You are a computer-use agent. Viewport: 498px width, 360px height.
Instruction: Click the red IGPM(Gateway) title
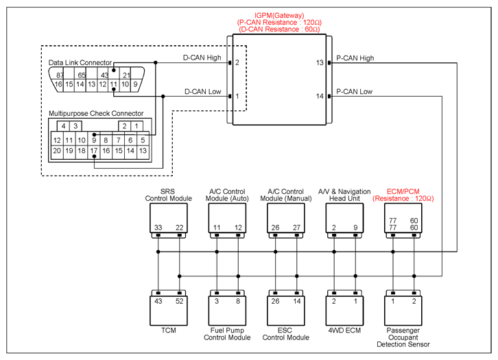pos(279,15)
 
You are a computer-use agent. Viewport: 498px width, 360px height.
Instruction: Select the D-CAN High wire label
pos(202,58)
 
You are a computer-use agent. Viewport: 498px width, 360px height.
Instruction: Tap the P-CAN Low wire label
pos(354,91)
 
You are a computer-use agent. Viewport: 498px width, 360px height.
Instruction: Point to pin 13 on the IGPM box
pos(320,62)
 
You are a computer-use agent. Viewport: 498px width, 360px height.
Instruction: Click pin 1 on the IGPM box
pos(237,96)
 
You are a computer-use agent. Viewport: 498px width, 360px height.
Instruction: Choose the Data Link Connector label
pos(80,62)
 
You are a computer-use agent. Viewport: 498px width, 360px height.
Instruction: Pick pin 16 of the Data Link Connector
pos(58,84)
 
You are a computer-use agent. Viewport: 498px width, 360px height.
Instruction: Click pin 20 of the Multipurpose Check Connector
pos(57,151)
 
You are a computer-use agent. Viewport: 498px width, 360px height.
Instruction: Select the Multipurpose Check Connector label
pos(96,113)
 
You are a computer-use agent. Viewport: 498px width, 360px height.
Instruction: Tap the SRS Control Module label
pos(168,195)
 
